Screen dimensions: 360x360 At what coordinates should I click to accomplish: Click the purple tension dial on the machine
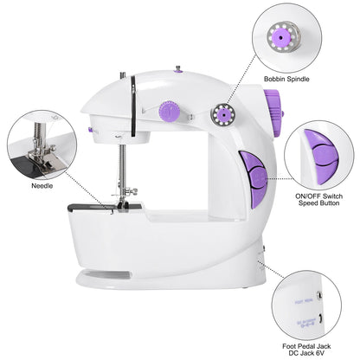click(x=170, y=112)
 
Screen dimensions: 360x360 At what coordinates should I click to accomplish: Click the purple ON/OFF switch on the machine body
click(x=253, y=179)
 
